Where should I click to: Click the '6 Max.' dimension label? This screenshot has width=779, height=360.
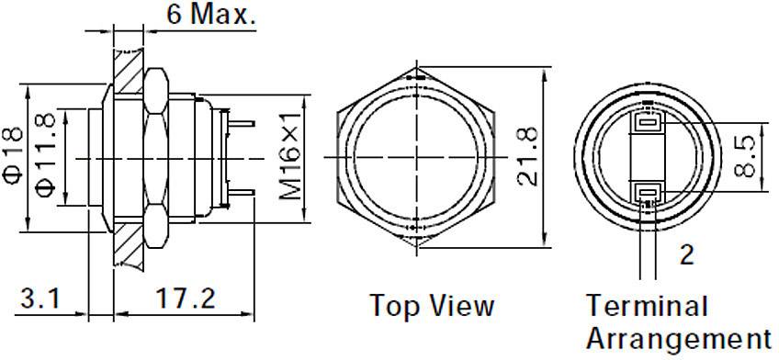pyautogui.click(x=210, y=15)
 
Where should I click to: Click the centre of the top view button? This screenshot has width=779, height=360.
pyautogui.click(x=418, y=158)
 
